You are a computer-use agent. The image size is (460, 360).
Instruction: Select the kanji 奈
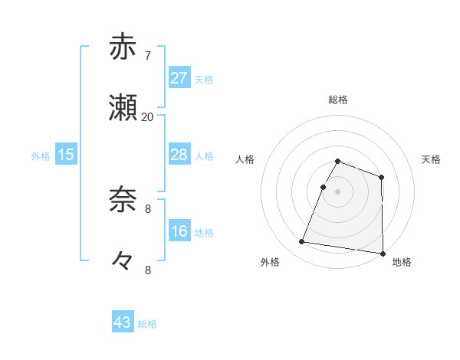[123, 200]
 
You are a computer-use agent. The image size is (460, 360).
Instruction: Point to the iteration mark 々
[123, 261]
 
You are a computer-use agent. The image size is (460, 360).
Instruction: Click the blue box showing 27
[179, 78]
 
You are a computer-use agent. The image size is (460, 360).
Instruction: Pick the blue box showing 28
[179, 155]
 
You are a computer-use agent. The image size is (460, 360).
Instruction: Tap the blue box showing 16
[179, 231]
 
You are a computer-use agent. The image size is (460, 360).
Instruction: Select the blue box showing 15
[66, 155]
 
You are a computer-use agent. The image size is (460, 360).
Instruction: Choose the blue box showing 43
[123, 322]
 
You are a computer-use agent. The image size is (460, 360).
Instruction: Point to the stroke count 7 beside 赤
[147, 56]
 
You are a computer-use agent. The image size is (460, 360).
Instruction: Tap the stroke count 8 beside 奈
[147, 208]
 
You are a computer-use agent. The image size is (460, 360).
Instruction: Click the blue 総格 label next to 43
[147, 324]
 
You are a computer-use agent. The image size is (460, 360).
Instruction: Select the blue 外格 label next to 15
[41, 156]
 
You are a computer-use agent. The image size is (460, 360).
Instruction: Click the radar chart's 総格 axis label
[338, 100]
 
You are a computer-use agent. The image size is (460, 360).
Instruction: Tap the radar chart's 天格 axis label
[432, 159]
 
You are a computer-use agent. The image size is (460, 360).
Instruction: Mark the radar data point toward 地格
[383, 254]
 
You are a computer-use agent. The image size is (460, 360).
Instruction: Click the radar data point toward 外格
[301, 242]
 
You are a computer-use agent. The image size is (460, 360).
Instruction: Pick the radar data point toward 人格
[323, 187]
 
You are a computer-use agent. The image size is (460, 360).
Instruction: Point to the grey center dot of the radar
[338, 191]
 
